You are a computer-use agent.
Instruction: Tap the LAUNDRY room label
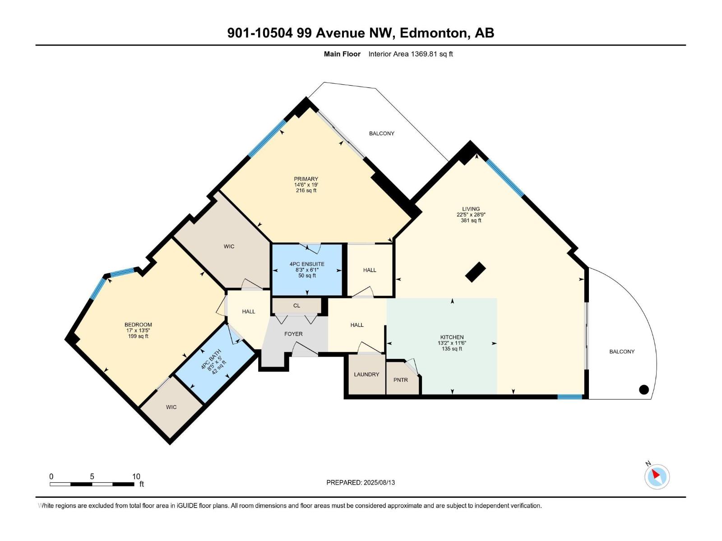[366, 374]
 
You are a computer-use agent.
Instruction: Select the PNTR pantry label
[401, 380]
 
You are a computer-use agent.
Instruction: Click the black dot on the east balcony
[644, 390]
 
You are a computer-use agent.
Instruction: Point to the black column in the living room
[475, 272]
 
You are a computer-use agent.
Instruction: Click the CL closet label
[296, 305]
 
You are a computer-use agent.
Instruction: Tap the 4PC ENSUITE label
[307, 264]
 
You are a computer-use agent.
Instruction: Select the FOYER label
[293, 334]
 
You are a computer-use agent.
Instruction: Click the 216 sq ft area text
[306, 190]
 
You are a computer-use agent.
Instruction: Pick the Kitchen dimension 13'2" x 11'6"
[452, 343]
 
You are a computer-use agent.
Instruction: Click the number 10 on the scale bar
[136, 476]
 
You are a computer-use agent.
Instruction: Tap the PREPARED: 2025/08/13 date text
[361, 482]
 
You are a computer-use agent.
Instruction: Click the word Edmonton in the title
[433, 33]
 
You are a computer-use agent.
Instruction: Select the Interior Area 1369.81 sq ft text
[410, 54]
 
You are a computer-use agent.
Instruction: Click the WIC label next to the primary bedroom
[229, 247]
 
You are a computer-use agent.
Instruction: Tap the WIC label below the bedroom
[171, 407]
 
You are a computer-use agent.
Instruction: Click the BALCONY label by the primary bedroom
[381, 133]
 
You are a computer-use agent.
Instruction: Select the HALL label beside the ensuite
[370, 270]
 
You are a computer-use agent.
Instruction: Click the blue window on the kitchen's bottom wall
[569, 397]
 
